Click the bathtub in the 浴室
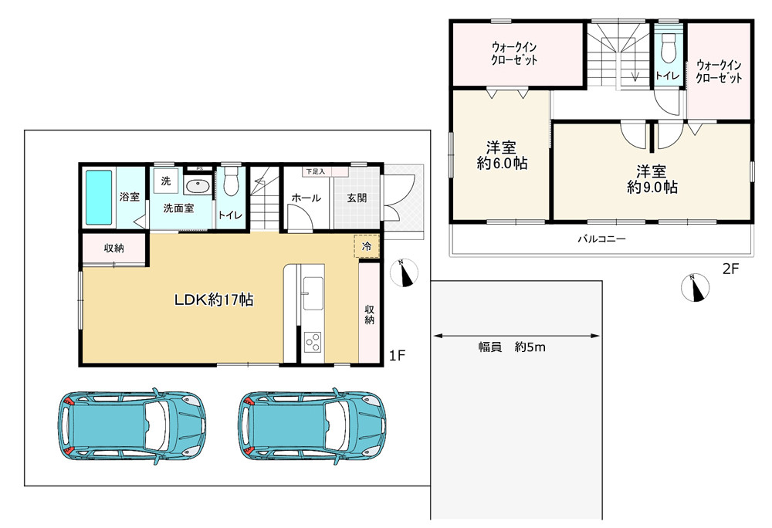tap(99, 198)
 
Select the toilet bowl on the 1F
tap(230, 182)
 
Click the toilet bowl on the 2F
tap(668, 48)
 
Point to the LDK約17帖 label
tap(214, 300)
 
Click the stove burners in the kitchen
tap(313, 342)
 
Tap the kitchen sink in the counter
tap(313, 293)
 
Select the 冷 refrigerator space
tap(366, 246)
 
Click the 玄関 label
tap(357, 198)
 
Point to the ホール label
tap(306, 198)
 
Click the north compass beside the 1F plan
tap(405, 272)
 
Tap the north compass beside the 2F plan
tap(696, 287)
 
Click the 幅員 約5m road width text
tap(512, 347)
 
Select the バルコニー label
tap(601, 239)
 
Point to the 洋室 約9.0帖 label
tap(652, 179)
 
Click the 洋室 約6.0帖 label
tap(502, 155)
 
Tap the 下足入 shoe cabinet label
tap(315, 171)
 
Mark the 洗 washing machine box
tap(166, 181)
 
